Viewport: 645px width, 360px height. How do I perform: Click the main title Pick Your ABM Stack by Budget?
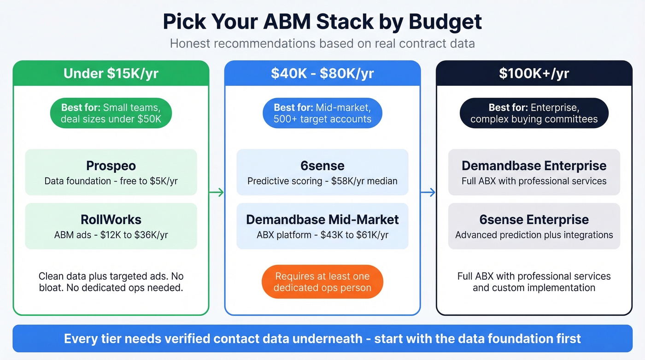coord(322,22)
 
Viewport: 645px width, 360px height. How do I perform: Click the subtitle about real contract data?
coord(322,44)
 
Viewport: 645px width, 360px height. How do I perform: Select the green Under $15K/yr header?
coord(111,73)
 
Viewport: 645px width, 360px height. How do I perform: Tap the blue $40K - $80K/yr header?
coord(322,73)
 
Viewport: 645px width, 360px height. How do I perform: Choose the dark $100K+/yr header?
coord(534,73)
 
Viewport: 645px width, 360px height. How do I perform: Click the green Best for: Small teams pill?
coord(111,113)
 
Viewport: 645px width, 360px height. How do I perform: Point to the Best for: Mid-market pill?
coord(322,113)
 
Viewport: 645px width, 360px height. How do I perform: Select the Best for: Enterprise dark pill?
coord(534,113)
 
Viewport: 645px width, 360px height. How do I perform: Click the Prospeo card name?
coord(111,166)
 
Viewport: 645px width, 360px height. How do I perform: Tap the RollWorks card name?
coord(111,219)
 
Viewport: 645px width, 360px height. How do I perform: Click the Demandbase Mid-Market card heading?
coord(322,219)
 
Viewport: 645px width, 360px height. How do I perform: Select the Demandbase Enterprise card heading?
coord(534,166)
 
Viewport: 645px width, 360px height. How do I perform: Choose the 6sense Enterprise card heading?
coord(534,219)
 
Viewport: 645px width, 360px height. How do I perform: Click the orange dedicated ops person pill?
coord(322,282)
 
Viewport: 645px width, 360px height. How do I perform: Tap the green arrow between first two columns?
coord(217,192)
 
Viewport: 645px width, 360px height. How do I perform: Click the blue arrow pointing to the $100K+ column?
coord(428,192)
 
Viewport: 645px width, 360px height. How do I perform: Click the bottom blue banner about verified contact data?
coord(322,339)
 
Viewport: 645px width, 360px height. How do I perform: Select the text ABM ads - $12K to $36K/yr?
coord(111,235)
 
